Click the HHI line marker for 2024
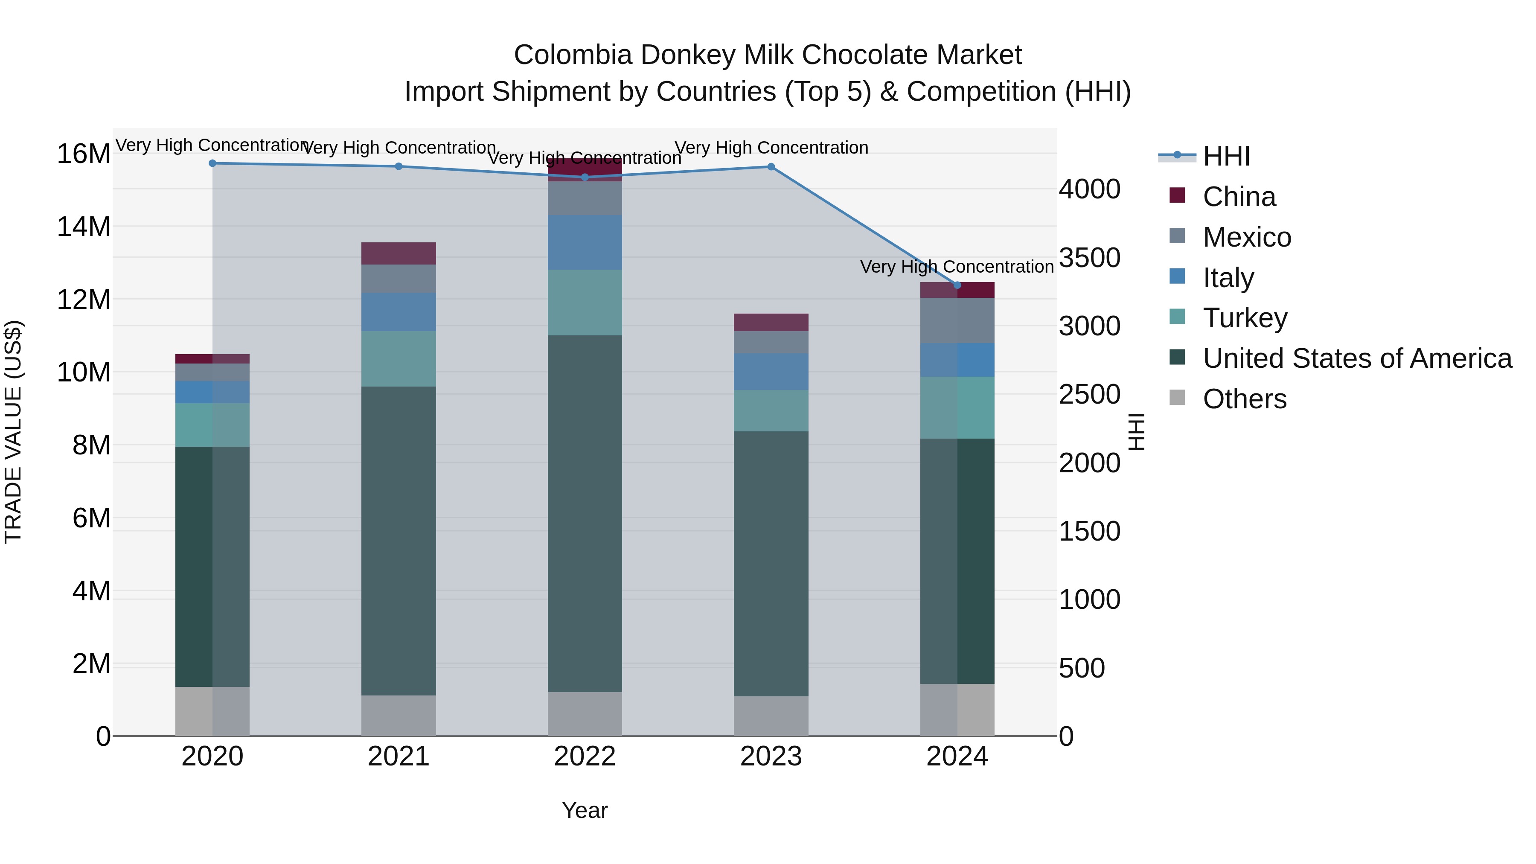(957, 285)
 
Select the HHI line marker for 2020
(212, 163)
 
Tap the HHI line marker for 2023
(771, 167)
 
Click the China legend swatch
(1177, 195)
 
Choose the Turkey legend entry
(1245, 318)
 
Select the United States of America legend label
(1357, 358)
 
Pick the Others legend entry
(1245, 399)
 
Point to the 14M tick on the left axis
(84, 227)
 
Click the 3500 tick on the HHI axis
(1089, 258)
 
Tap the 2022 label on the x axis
(585, 756)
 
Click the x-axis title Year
(585, 810)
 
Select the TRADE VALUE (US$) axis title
(13, 432)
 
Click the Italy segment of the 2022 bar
(585, 242)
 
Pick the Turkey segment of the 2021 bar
(399, 358)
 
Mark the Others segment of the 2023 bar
(771, 716)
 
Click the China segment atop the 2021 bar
(399, 253)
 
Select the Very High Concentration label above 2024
(957, 267)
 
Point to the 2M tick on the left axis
(90, 663)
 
